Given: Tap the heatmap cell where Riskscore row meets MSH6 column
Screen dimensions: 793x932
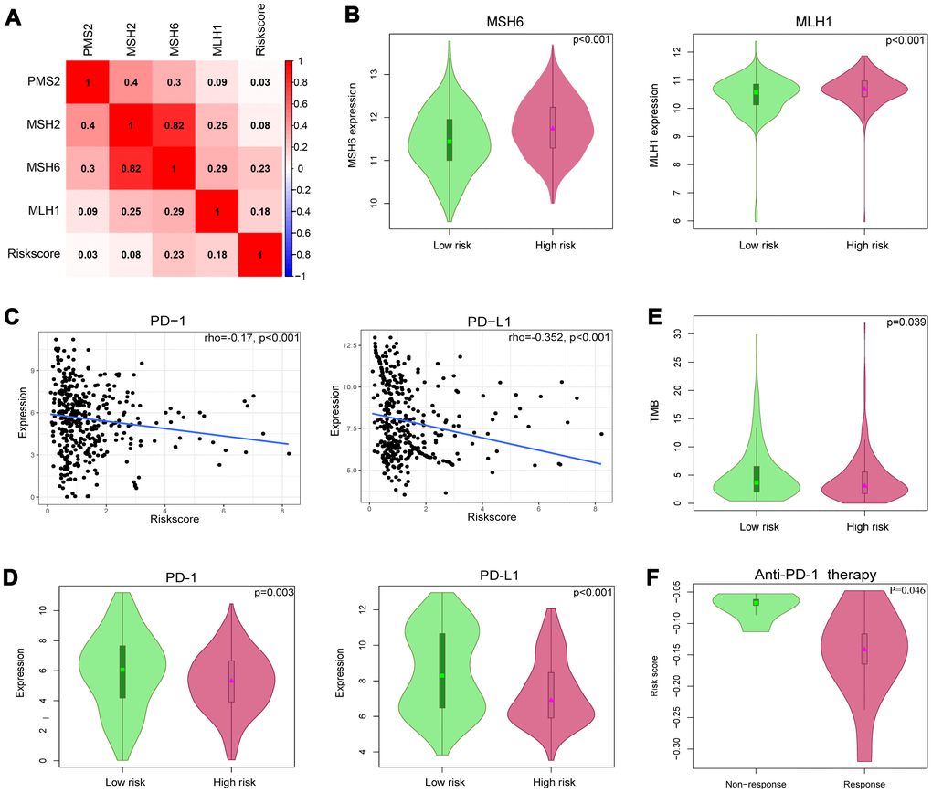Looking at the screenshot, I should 174,252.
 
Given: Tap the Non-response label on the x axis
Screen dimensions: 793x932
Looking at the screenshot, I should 756,782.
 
